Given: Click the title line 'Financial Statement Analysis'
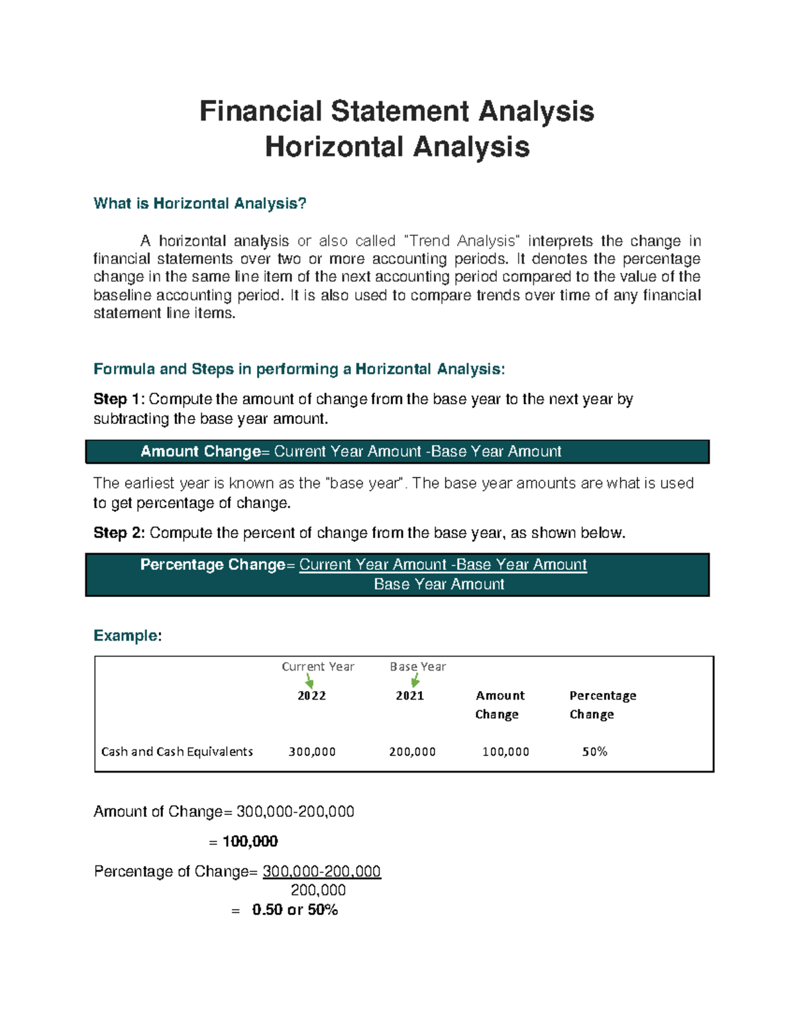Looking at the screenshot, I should point(397,111).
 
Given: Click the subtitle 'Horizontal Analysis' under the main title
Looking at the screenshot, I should point(397,147).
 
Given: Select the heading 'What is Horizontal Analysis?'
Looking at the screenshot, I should point(200,203).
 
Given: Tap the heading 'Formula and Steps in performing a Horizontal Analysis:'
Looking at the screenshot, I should point(299,369).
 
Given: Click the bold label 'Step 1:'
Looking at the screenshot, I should point(119,399).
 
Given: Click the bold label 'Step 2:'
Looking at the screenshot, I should point(119,533).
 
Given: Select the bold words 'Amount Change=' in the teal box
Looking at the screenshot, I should point(201,452).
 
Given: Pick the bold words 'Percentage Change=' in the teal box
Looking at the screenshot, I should point(213,565).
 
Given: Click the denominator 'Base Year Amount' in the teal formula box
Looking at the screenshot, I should point(439,584).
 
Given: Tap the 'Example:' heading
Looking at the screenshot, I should point(127,635).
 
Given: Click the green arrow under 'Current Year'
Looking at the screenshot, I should point(309,681).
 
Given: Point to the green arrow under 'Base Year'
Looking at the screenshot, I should point(415,680).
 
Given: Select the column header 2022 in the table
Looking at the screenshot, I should point(311,696).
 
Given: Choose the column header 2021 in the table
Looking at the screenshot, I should point(409,696).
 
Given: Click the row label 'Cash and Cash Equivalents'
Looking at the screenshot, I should point(177,751).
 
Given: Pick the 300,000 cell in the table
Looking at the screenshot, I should point(312,751).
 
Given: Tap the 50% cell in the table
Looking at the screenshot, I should point(594,751).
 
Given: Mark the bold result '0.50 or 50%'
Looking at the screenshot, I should point(295,910).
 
